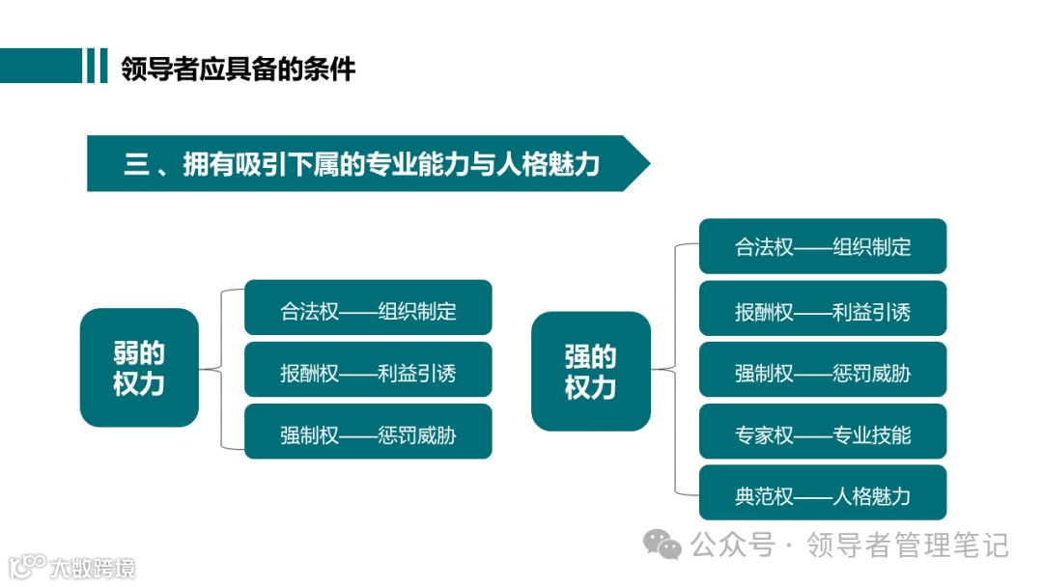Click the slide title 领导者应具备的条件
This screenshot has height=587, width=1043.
pos(238,70)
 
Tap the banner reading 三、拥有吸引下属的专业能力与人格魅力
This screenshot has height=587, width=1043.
pos(362,164)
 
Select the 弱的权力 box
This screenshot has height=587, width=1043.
pos(139,368)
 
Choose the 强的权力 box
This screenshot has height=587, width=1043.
pos(590,372)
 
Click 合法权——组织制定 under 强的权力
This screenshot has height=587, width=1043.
pos(822,246)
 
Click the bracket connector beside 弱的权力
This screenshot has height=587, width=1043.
pos(222,369)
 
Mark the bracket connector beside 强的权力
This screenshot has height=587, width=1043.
pos(675,370)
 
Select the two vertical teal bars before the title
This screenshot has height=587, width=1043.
pos(96,66)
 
